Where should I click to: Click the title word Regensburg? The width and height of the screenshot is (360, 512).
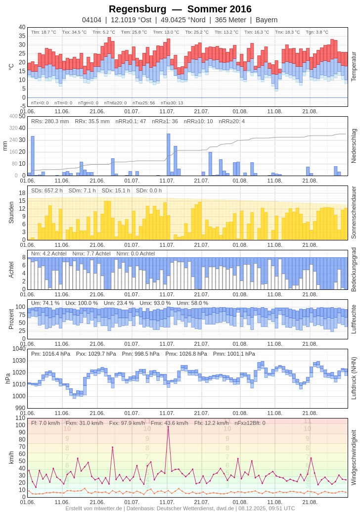pyautogui.click(x=137, y=9)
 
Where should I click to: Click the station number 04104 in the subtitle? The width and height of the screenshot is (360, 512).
pyautogui.click(x=91, y=20)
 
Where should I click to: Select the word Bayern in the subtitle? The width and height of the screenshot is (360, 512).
pyautogui.click(x=267, y=20)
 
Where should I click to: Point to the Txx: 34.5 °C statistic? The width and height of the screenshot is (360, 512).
pyautogui.click(x=74, y=32)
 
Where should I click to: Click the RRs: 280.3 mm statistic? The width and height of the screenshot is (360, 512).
pyautogui.click(x=50, y=121)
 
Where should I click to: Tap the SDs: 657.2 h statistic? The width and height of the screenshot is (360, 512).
pyautogui.click(x=47, y=190)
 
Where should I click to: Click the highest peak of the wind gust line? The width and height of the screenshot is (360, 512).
pyautogui.click(x=168, y=427)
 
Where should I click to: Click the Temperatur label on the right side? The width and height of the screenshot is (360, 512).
pyautogui.click(x=354, y=66)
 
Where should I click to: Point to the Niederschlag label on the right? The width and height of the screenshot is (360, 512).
pyautogui.click(x=354, y=145)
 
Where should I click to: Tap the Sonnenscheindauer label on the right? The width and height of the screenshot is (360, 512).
pyautogui.click(x=354, y=213)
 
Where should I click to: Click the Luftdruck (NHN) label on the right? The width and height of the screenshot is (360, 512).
pyautogui.click(x=354, y=378)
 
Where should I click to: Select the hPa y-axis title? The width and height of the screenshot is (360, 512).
pyautogui.click(x=7, y=378)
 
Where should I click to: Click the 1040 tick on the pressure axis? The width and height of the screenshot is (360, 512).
pyautogui.click(x=19, y=349)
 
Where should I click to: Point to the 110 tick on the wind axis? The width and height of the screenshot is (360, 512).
pyautogui.click(x=20, y=418)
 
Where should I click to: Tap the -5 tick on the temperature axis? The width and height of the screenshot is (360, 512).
pyautogui.click(x=22, y=106)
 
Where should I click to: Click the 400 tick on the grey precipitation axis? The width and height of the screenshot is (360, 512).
pyautogui.click(x=13, y=116)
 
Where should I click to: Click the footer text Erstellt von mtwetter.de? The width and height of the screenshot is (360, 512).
pyautogui.click(x=94, y=508)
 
